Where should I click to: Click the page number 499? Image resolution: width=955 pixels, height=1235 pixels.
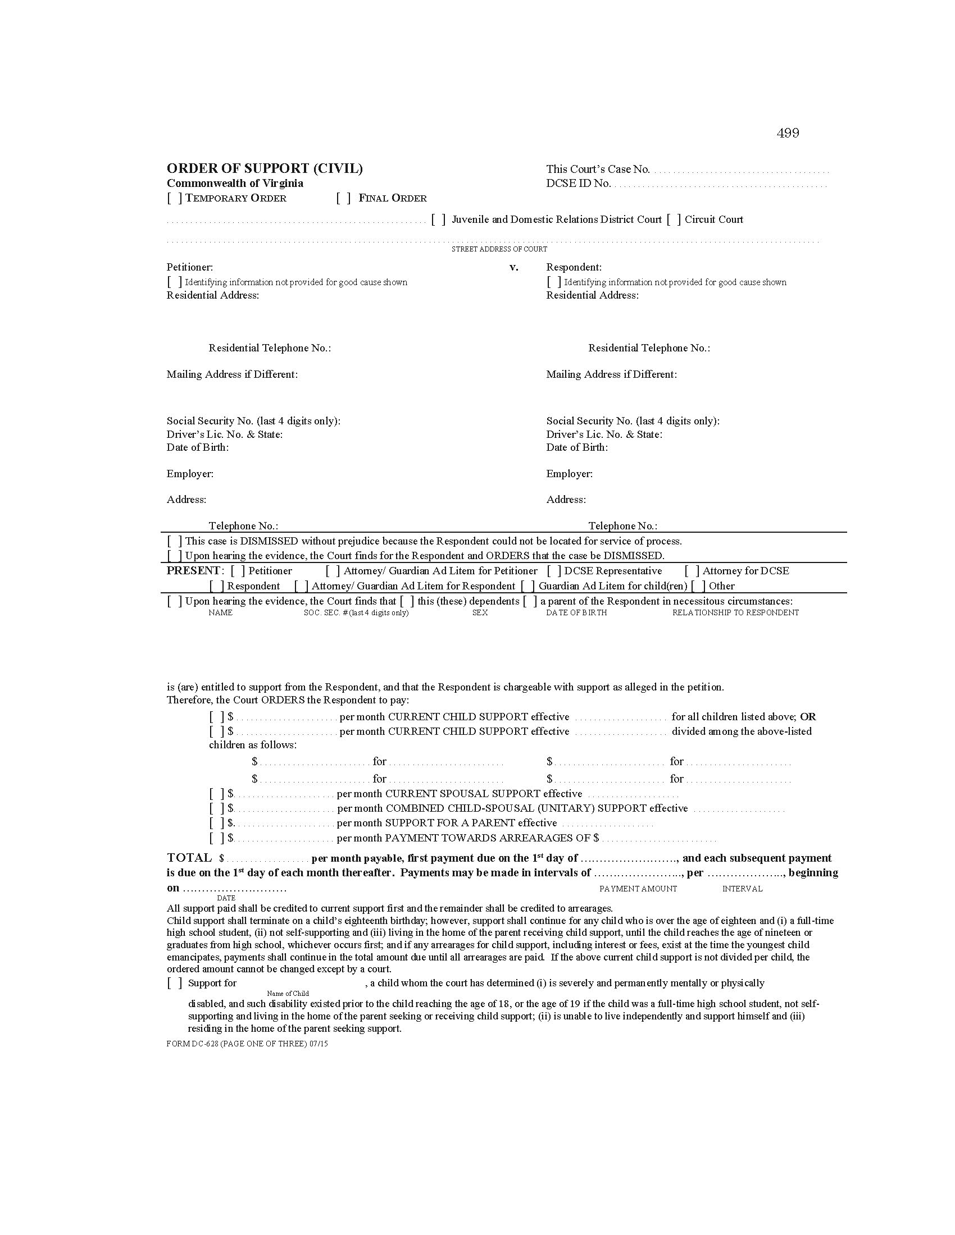788,134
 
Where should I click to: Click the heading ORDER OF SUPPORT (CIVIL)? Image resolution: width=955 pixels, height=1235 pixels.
265,168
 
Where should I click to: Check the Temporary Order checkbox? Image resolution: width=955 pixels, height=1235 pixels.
174,199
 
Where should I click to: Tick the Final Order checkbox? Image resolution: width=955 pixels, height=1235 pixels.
343,199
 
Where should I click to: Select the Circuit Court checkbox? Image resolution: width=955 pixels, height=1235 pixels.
674,220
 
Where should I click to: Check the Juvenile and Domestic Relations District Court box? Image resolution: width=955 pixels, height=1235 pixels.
439,220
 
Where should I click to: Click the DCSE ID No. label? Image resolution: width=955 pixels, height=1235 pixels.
578,184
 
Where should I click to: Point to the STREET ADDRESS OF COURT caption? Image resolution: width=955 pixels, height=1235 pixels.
499,249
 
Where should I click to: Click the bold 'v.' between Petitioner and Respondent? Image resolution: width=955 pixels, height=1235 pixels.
513,267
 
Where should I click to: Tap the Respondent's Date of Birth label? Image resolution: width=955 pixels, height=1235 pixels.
577,448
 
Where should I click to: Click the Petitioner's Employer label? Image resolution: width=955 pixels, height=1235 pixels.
190,474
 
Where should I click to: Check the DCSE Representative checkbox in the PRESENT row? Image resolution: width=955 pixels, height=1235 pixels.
554,571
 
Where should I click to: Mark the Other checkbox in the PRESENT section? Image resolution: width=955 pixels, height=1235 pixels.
698,587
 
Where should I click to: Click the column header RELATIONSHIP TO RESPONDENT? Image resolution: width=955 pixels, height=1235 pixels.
735,613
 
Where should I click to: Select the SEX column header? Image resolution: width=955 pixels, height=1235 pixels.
480,613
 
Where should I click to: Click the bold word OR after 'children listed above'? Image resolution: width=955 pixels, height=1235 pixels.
808,717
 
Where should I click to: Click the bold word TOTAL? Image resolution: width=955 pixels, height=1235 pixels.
189,858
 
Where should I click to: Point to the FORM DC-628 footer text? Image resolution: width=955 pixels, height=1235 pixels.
247,1045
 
